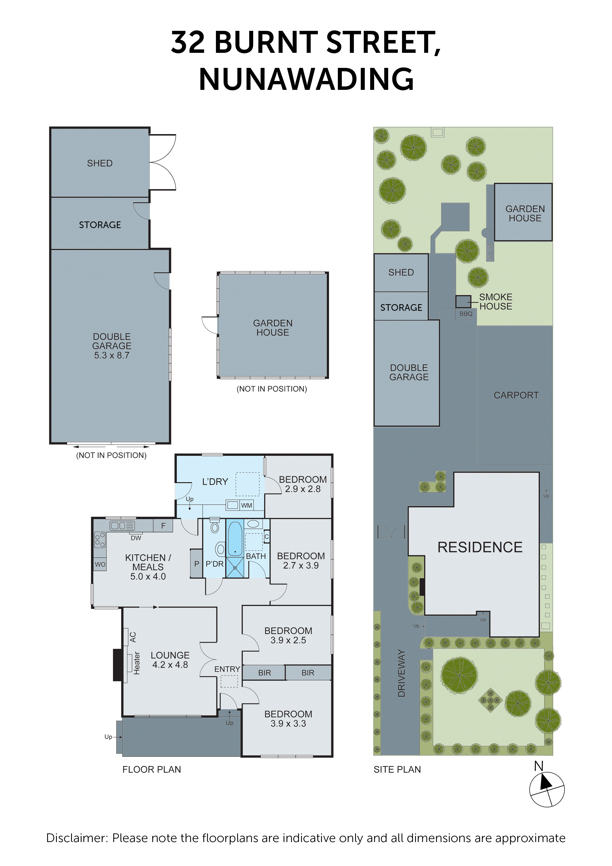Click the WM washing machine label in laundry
tap(247, 505)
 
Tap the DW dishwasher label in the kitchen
tap(136, 538)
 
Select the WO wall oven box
tap(100, 564)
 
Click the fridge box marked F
tap(163, 525)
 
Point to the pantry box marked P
tap(196, 564)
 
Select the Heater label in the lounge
tap(136, 663)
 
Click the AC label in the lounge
tap(133, 637)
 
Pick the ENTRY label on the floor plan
tap(227, 669)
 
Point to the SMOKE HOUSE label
tap(496, 302)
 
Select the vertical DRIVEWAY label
tap(401, 673)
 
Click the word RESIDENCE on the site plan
tap(480, 547)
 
